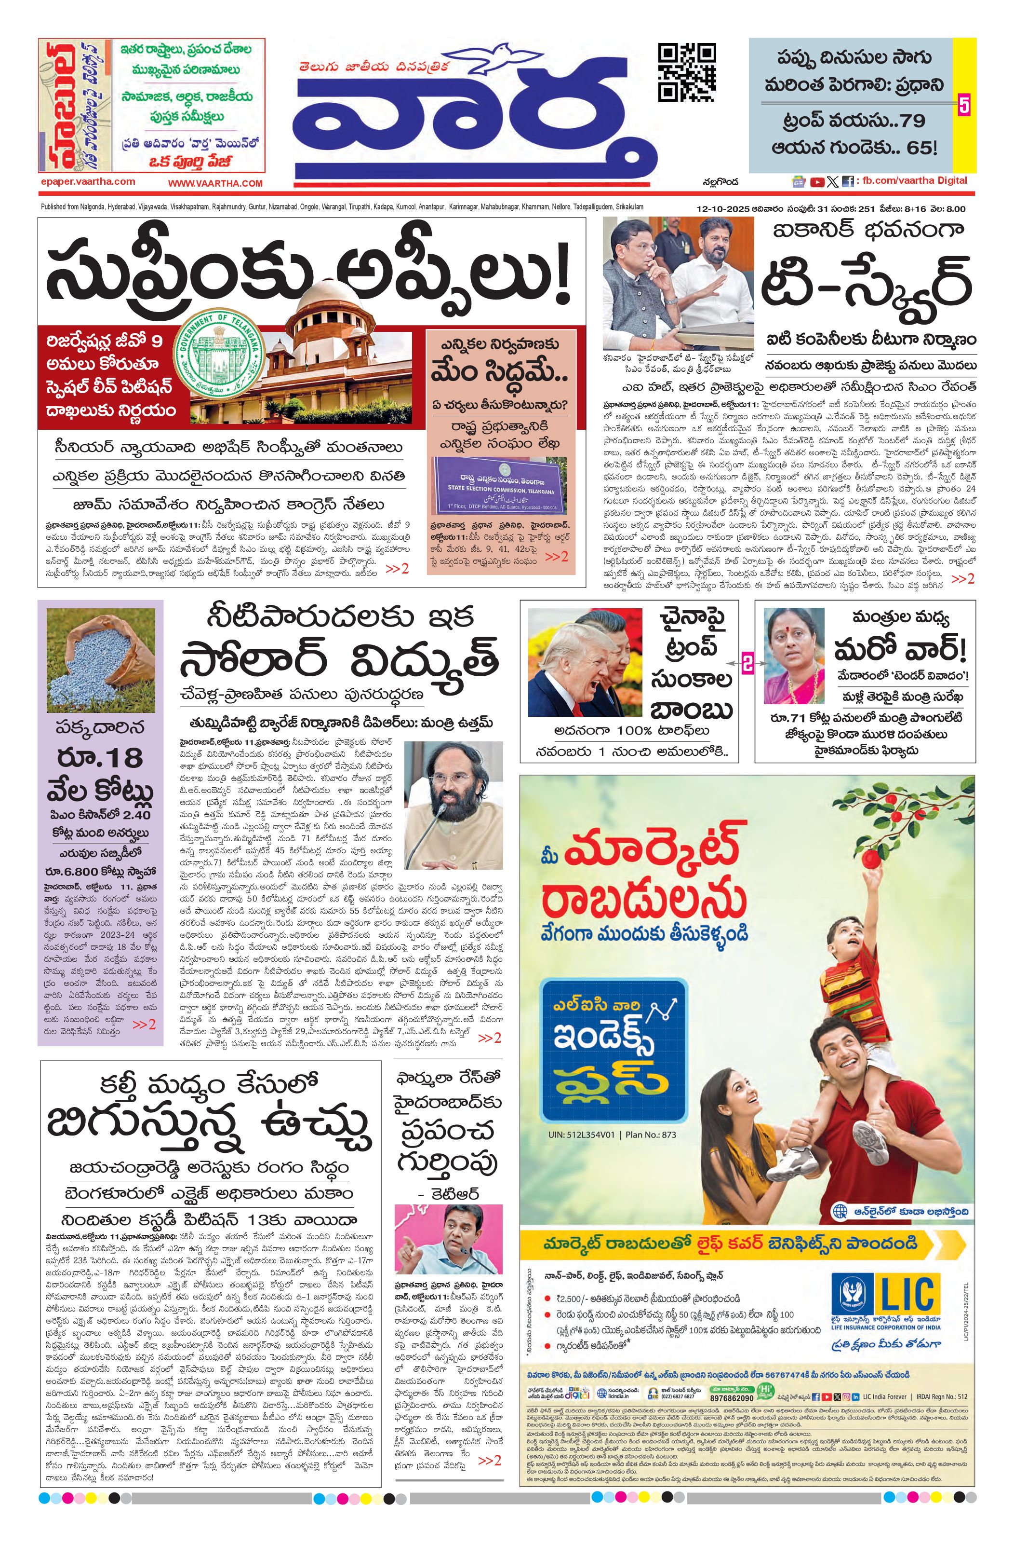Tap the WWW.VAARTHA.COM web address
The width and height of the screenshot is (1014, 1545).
point(215,184)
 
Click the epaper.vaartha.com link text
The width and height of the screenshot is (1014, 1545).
point(87,182)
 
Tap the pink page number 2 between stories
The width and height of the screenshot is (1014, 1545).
point(747,665)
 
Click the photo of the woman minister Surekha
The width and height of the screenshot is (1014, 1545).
point(793,656)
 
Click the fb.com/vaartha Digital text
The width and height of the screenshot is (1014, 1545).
point(915,180)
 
